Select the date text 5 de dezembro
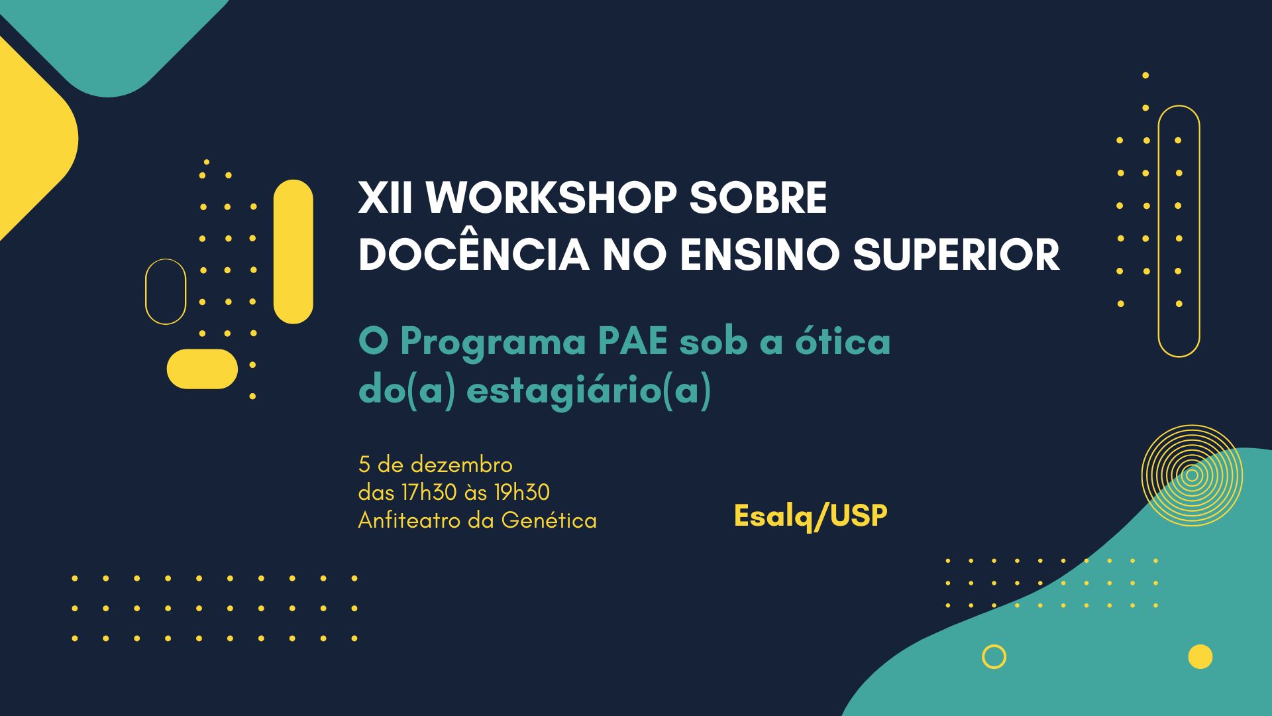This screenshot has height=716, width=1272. [x=435, y=464]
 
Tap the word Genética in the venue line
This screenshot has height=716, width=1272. [x=549, y=520]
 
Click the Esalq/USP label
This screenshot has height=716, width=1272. [x=810, y=516]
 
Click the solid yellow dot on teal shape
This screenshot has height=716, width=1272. [x=1200, y=657]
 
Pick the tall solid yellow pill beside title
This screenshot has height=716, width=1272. [x=293, y=252]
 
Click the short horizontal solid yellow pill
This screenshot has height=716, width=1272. [x=202, y=369]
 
